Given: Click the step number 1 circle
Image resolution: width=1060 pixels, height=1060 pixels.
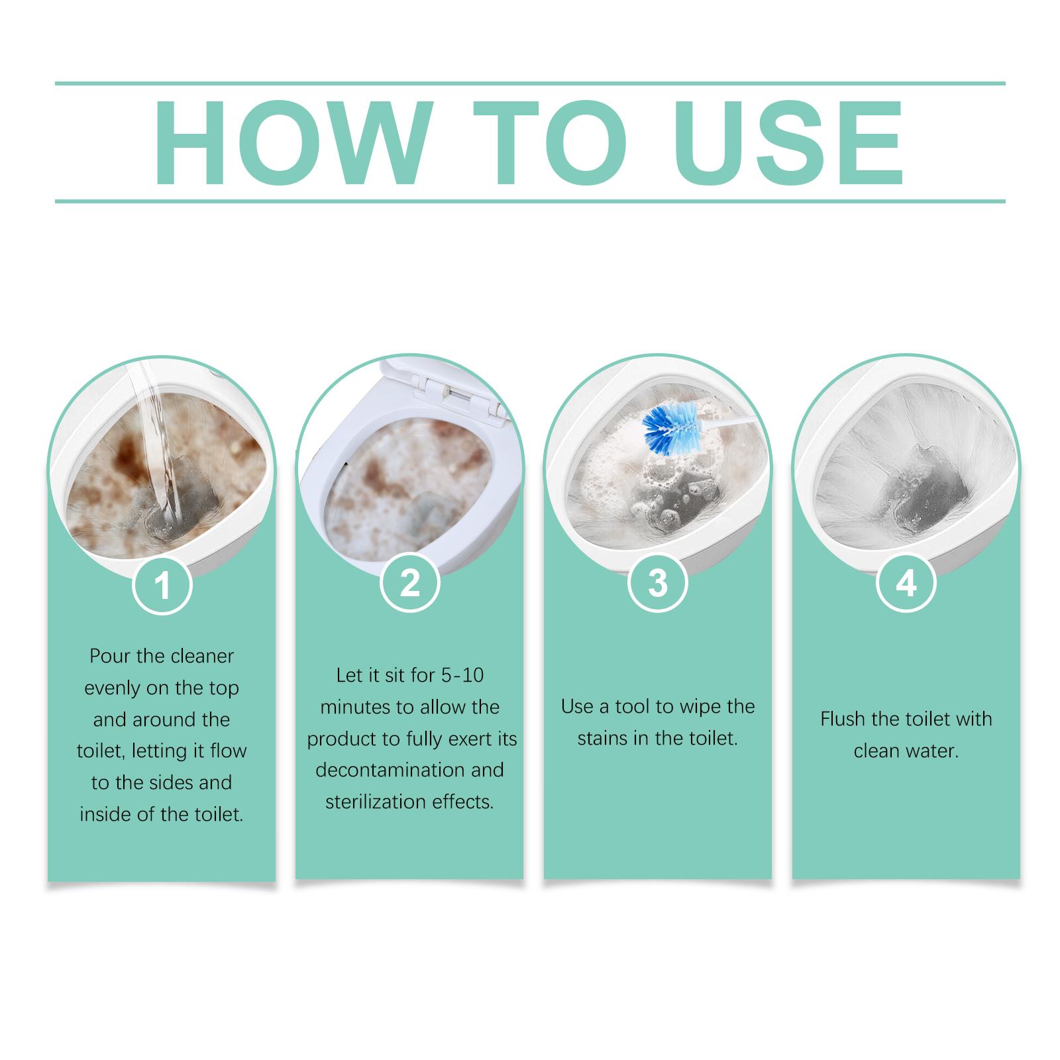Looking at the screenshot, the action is (162, 584).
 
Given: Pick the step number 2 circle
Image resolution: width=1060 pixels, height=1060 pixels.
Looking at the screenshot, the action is (410, 583).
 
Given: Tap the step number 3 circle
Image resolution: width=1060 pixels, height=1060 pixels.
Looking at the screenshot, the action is (658, 583).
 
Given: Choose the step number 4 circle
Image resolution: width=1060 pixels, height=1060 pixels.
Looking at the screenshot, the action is (906, 583).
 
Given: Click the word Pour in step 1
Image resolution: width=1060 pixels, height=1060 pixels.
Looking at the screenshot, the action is (110, 656).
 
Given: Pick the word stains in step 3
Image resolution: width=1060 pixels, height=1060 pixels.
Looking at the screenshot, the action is (603, 738).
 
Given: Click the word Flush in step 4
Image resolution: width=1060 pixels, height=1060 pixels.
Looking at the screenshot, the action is (841, 719).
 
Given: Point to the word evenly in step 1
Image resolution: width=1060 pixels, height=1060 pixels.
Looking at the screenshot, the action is (113, 688).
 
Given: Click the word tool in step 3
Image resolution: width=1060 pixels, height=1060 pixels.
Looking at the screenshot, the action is (633, 706).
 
